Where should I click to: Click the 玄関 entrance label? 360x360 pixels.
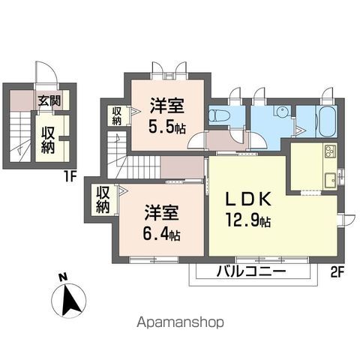50,100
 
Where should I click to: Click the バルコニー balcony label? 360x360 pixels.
251,271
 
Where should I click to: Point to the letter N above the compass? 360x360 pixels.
63,276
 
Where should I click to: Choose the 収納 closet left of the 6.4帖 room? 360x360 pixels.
103,197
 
